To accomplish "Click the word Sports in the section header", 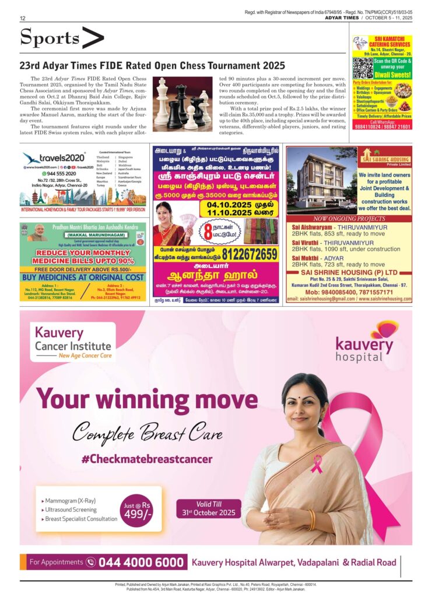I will [50, 38].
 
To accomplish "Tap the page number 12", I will [22, 19].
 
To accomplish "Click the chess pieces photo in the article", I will [182, 104].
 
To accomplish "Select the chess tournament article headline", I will [152, 66].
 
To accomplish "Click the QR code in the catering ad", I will [363, 68].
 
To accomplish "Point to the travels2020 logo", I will [54, 157].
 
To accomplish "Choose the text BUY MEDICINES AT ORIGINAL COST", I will [82, 278].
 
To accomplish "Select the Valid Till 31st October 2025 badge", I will [208, 508].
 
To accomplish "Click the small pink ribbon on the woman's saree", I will [317, 463].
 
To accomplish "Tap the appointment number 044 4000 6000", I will [141, 562].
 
